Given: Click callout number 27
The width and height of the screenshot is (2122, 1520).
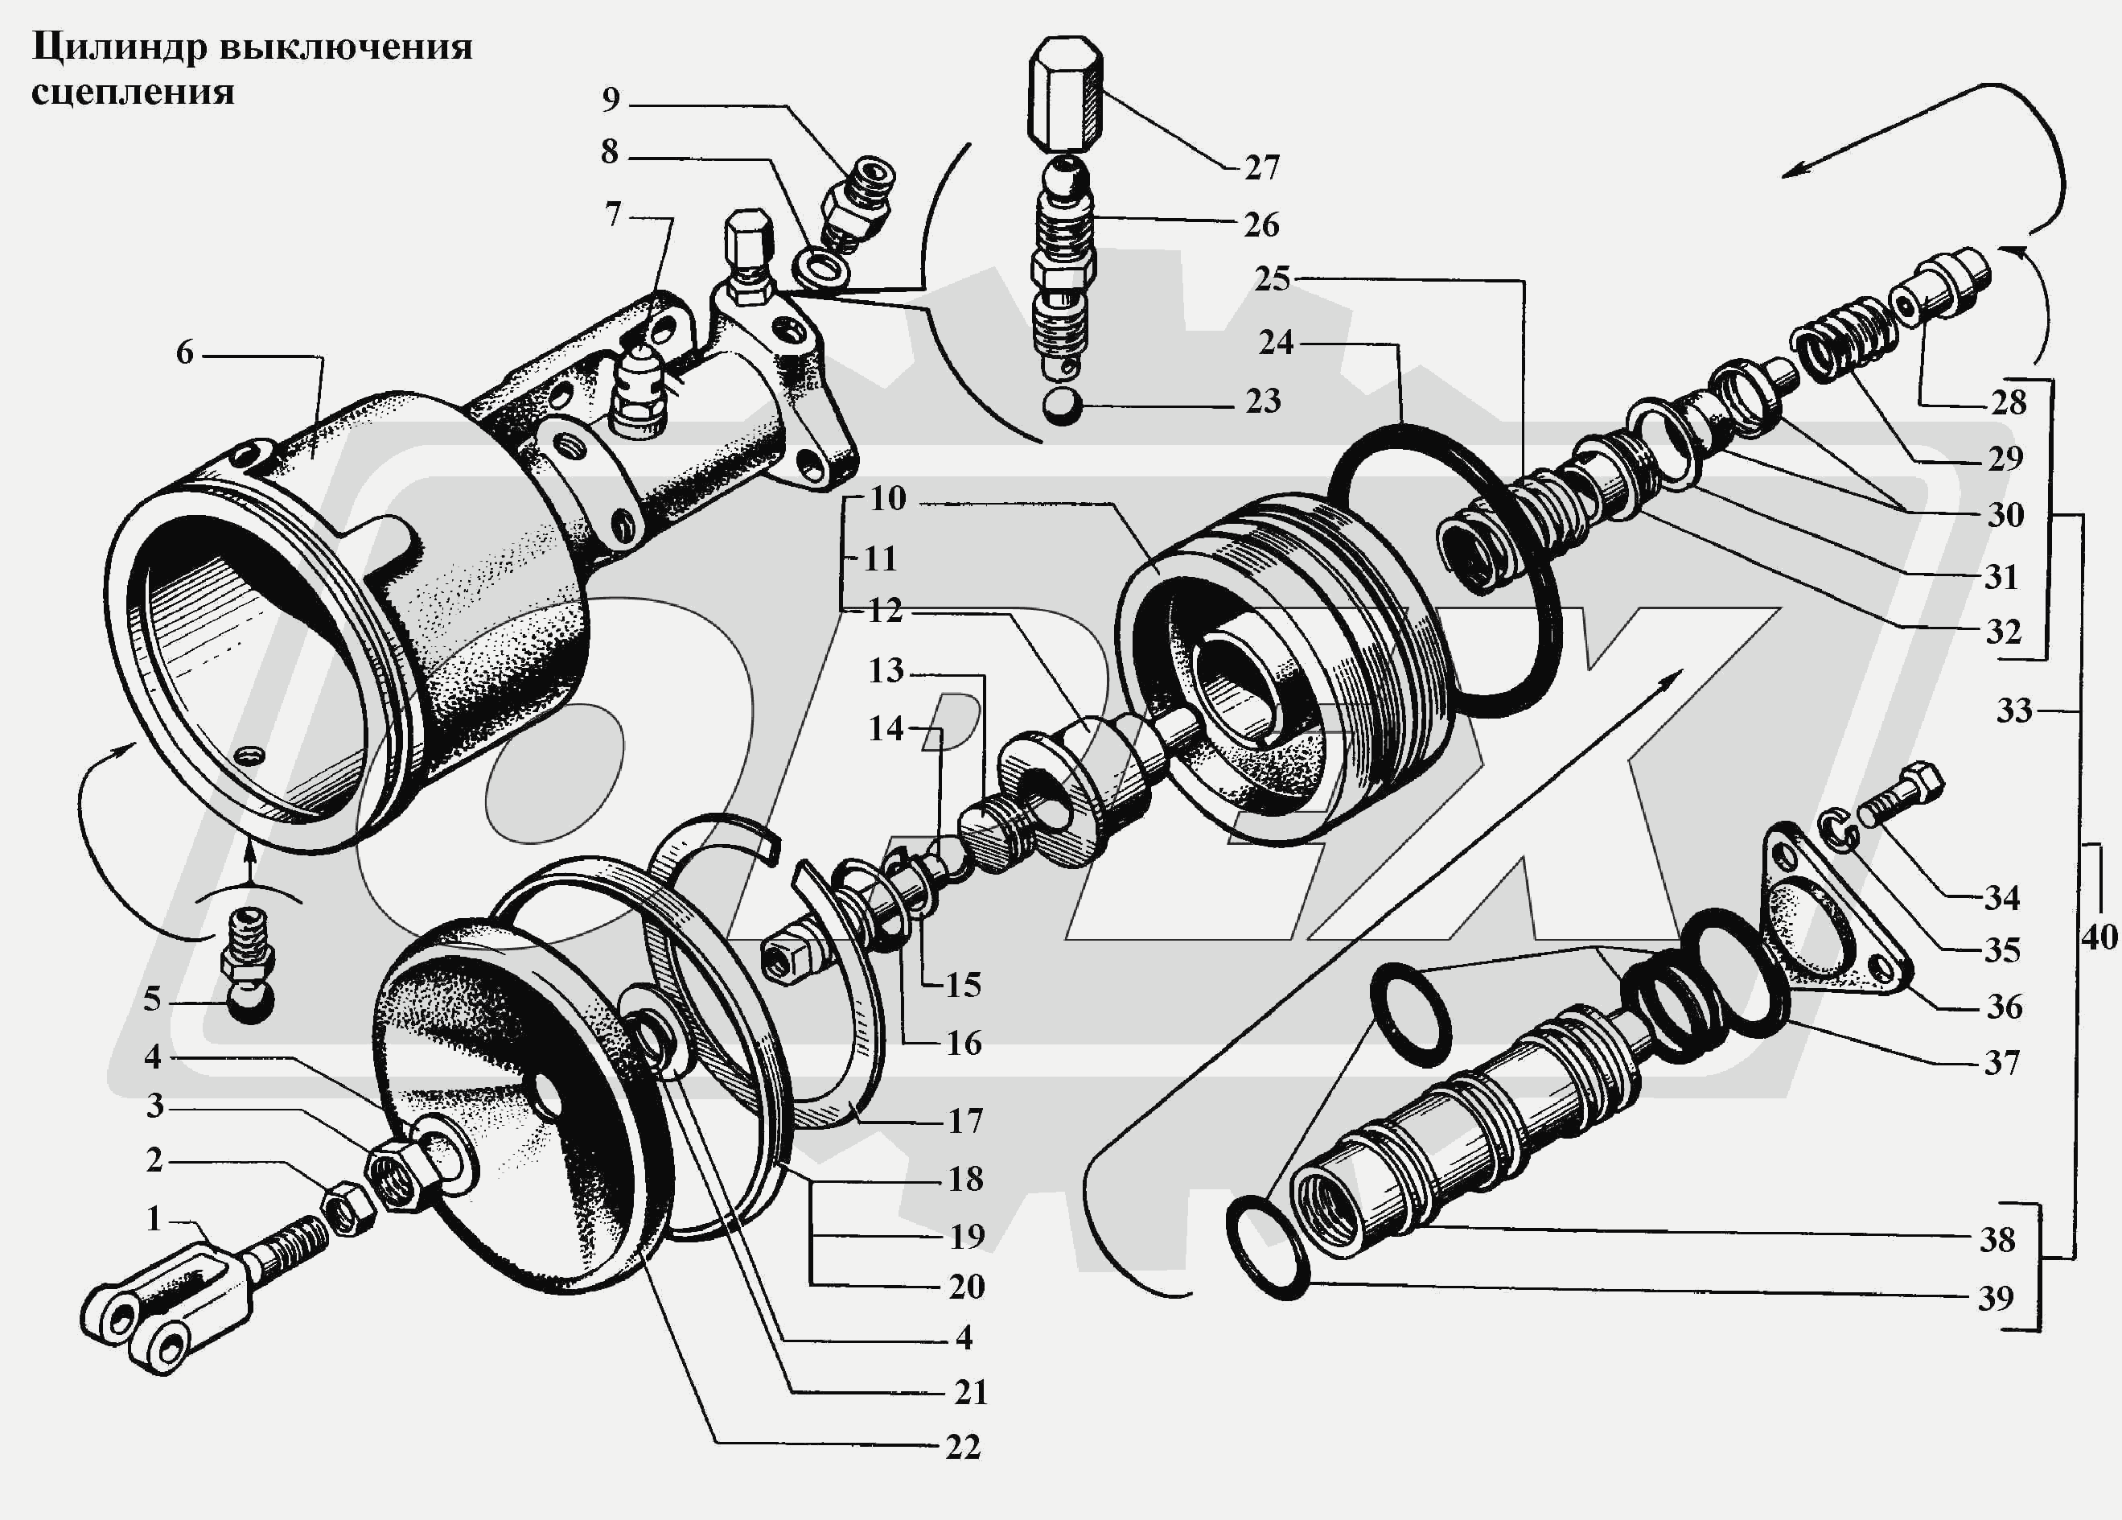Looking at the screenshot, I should [x=1261, y=168].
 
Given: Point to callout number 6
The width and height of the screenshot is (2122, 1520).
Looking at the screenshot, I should [x=184, y=353].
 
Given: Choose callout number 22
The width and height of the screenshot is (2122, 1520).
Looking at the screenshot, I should [x=963, y=1447].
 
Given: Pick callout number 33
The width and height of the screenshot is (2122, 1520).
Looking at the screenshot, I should [x=2014, y=711].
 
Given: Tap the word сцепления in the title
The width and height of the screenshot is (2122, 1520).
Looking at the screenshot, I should [x=132, y=93].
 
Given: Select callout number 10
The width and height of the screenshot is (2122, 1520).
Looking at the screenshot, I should [x=887, y=499].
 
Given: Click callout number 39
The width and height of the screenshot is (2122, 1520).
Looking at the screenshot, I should [x=1995, y=1298].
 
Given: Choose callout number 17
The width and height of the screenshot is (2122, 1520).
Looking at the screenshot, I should [x=965, y=1120].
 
